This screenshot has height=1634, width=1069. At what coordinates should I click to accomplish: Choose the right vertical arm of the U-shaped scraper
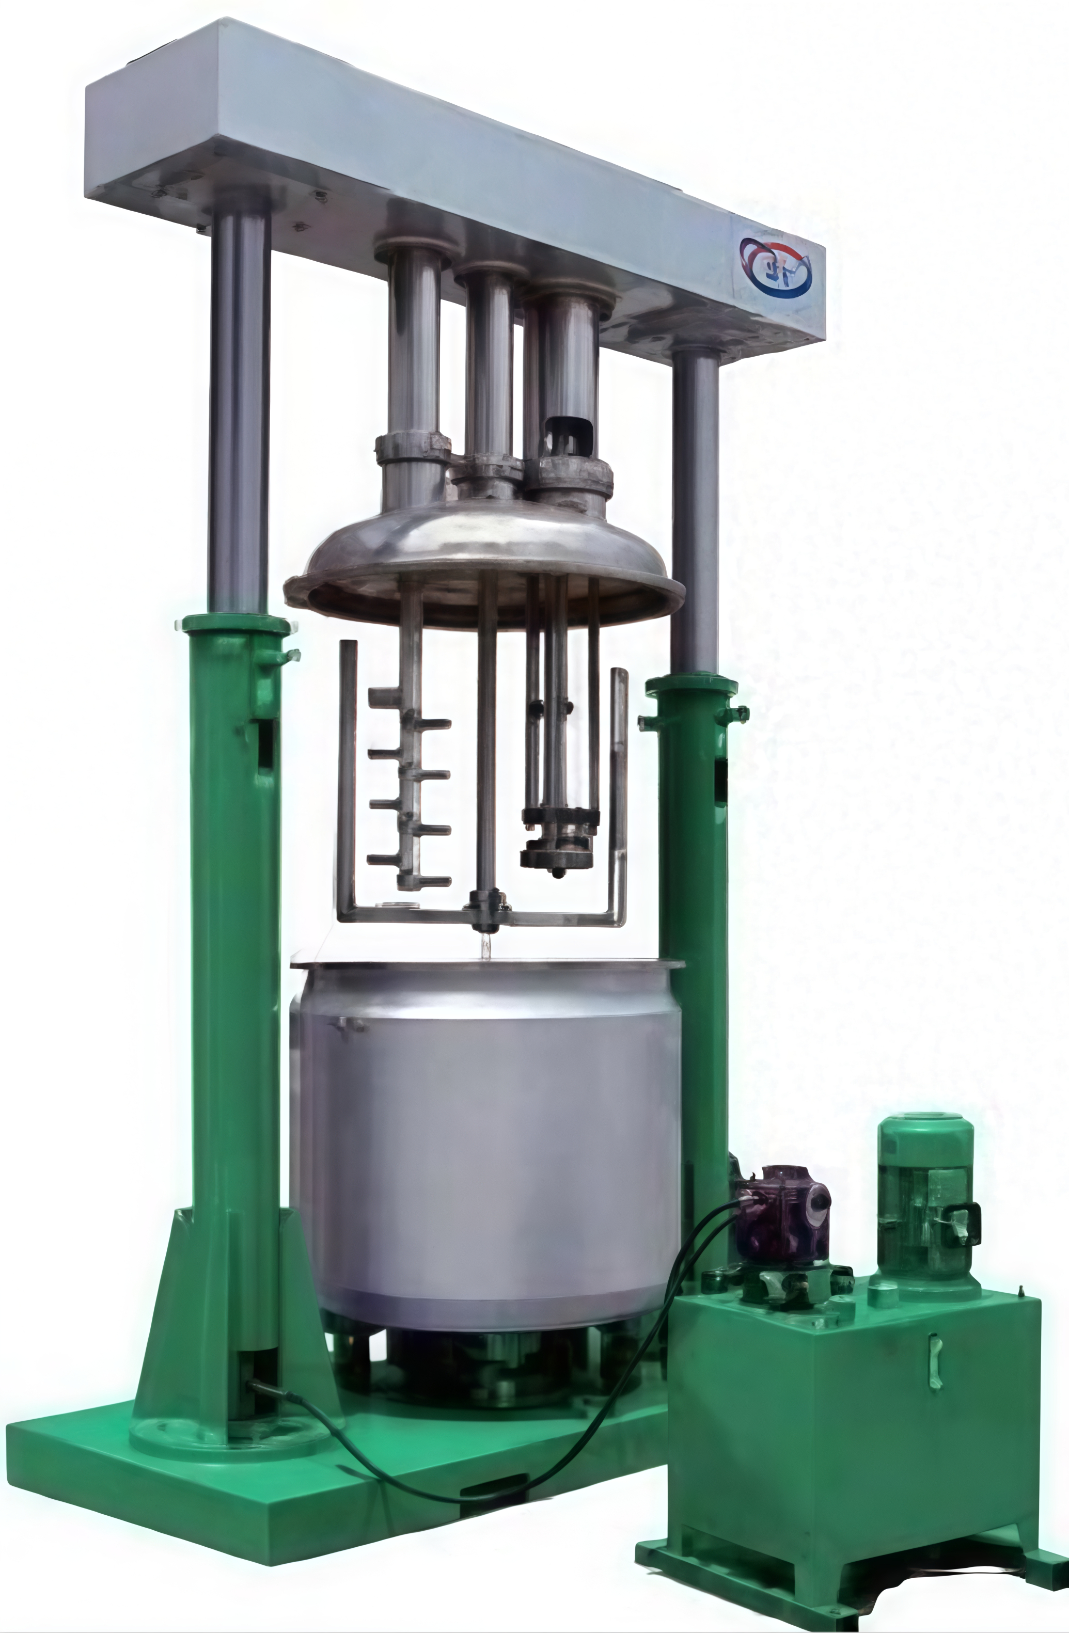(x=619, y=789)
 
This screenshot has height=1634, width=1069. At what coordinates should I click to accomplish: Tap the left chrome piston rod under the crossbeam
(x=239, y=412)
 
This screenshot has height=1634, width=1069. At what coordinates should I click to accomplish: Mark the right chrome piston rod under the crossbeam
(x=696, y=508)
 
